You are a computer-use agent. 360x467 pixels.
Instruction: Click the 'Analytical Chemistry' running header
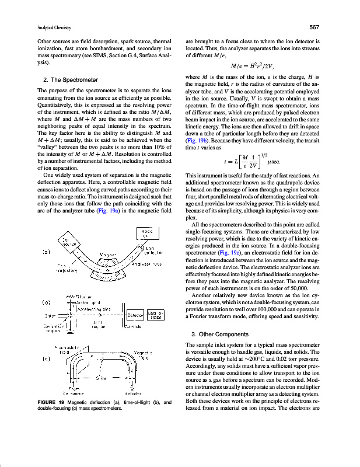click(37, 27)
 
